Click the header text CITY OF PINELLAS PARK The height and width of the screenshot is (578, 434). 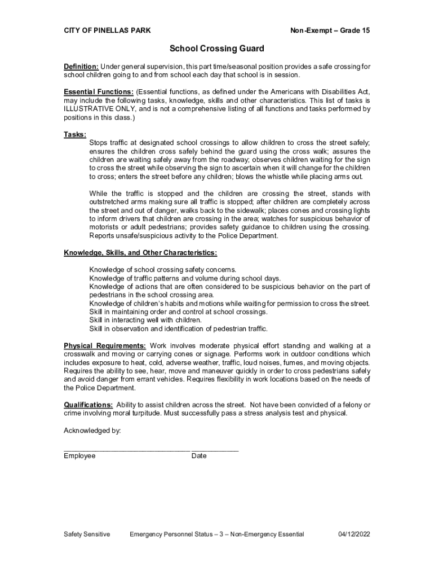[107, 30]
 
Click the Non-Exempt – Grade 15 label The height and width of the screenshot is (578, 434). [330, 30]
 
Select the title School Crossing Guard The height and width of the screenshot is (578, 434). [217, 49]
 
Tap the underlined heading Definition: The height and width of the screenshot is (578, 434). [81, 67]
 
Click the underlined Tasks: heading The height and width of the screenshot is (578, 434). [75, 134]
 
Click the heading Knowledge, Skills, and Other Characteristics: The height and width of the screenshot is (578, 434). [140, 252]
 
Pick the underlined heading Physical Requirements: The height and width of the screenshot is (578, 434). [105, 345]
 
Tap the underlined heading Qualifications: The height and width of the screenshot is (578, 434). [88, 405]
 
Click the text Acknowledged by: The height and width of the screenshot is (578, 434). [92, 431]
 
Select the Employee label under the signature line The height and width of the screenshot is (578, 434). [79, 456]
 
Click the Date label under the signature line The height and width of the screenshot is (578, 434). [199, 456]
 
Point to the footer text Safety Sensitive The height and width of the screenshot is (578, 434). [87, 534]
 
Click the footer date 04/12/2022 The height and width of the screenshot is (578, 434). [354, 534]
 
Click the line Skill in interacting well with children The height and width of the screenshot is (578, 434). [145, 320]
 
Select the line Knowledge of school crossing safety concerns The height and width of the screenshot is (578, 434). [163, 270]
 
